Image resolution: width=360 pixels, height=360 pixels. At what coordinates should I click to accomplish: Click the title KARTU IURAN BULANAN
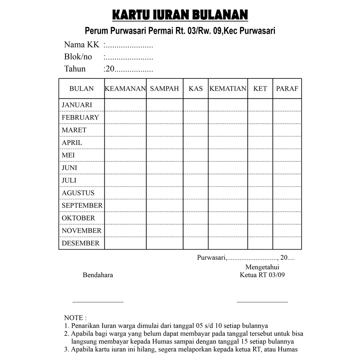[x=180, y=15]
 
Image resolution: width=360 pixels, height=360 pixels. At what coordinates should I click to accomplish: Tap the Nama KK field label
[x=82, y=45]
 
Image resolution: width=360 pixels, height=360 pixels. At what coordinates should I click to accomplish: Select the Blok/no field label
[x=78, y=57]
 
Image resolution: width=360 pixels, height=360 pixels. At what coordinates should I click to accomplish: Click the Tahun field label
[x=75, y=69]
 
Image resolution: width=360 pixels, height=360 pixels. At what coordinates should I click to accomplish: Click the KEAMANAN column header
[x=125, y=89]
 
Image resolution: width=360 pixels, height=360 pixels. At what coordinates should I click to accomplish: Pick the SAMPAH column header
[x=165, y=89]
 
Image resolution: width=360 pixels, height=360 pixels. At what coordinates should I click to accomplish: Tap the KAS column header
[x=195, y=89]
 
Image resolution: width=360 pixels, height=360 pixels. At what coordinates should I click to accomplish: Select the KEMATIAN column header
[x=228, y=89]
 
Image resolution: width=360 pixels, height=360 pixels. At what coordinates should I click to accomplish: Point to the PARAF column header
[x=287, y=89]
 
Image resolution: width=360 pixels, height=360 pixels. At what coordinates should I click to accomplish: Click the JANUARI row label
[x=77, y=105]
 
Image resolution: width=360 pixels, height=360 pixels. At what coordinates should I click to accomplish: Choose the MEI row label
[x=68, y=155]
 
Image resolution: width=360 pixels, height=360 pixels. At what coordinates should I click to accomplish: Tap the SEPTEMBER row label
[x=82, y=205]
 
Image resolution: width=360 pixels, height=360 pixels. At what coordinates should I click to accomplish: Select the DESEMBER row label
[x=81, y=243]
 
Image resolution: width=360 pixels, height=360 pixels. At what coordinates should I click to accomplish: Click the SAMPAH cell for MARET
[x=165, y=130]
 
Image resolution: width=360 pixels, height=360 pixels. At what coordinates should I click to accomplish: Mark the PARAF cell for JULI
[x=287, y=180]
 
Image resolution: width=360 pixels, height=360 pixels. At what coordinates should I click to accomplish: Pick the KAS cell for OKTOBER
[x=195, y=218]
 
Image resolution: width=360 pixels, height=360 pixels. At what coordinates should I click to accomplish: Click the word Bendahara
[x=98, y=275]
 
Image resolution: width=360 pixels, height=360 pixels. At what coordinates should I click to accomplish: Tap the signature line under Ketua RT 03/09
[x=262, y=302]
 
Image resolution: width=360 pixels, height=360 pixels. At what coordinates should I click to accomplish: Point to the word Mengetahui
[x=262, y=267]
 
